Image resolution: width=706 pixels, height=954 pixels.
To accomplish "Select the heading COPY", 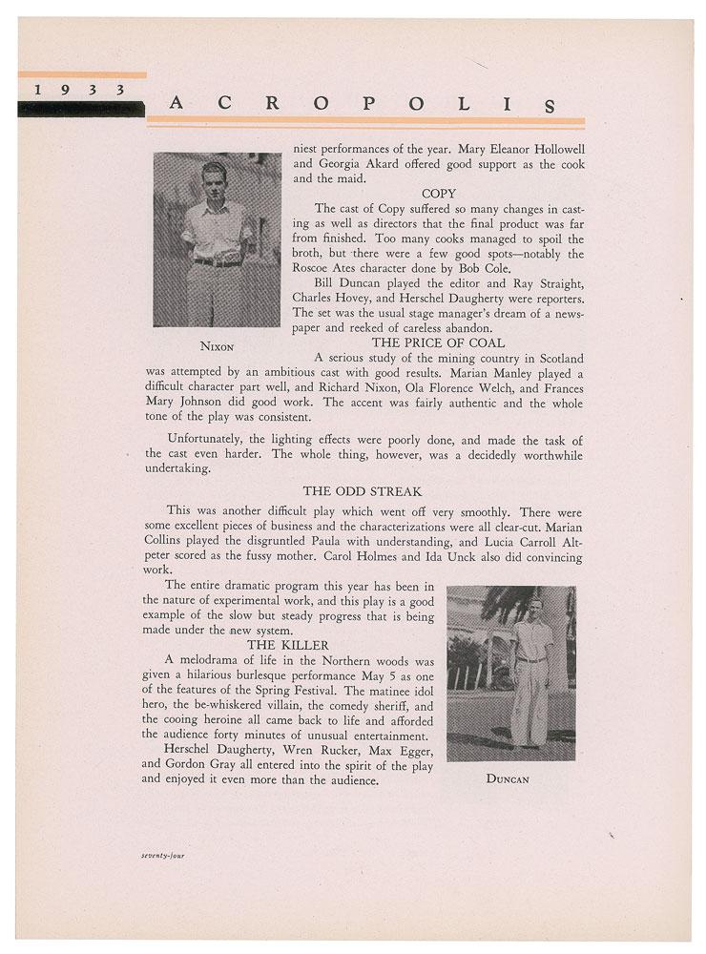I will [x=438, y=193].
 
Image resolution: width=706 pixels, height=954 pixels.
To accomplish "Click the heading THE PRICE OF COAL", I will [x=438, y=342].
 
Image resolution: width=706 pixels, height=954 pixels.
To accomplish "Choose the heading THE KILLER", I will [x=300, y=645].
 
